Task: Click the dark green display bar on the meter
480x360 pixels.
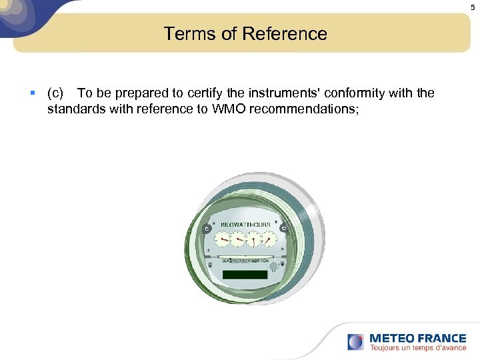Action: tap(245, 275)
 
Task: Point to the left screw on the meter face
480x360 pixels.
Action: tap(207, 228)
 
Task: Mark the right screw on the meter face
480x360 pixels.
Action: tap(283, 228)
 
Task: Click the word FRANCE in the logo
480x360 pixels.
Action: tap(440, 337)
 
